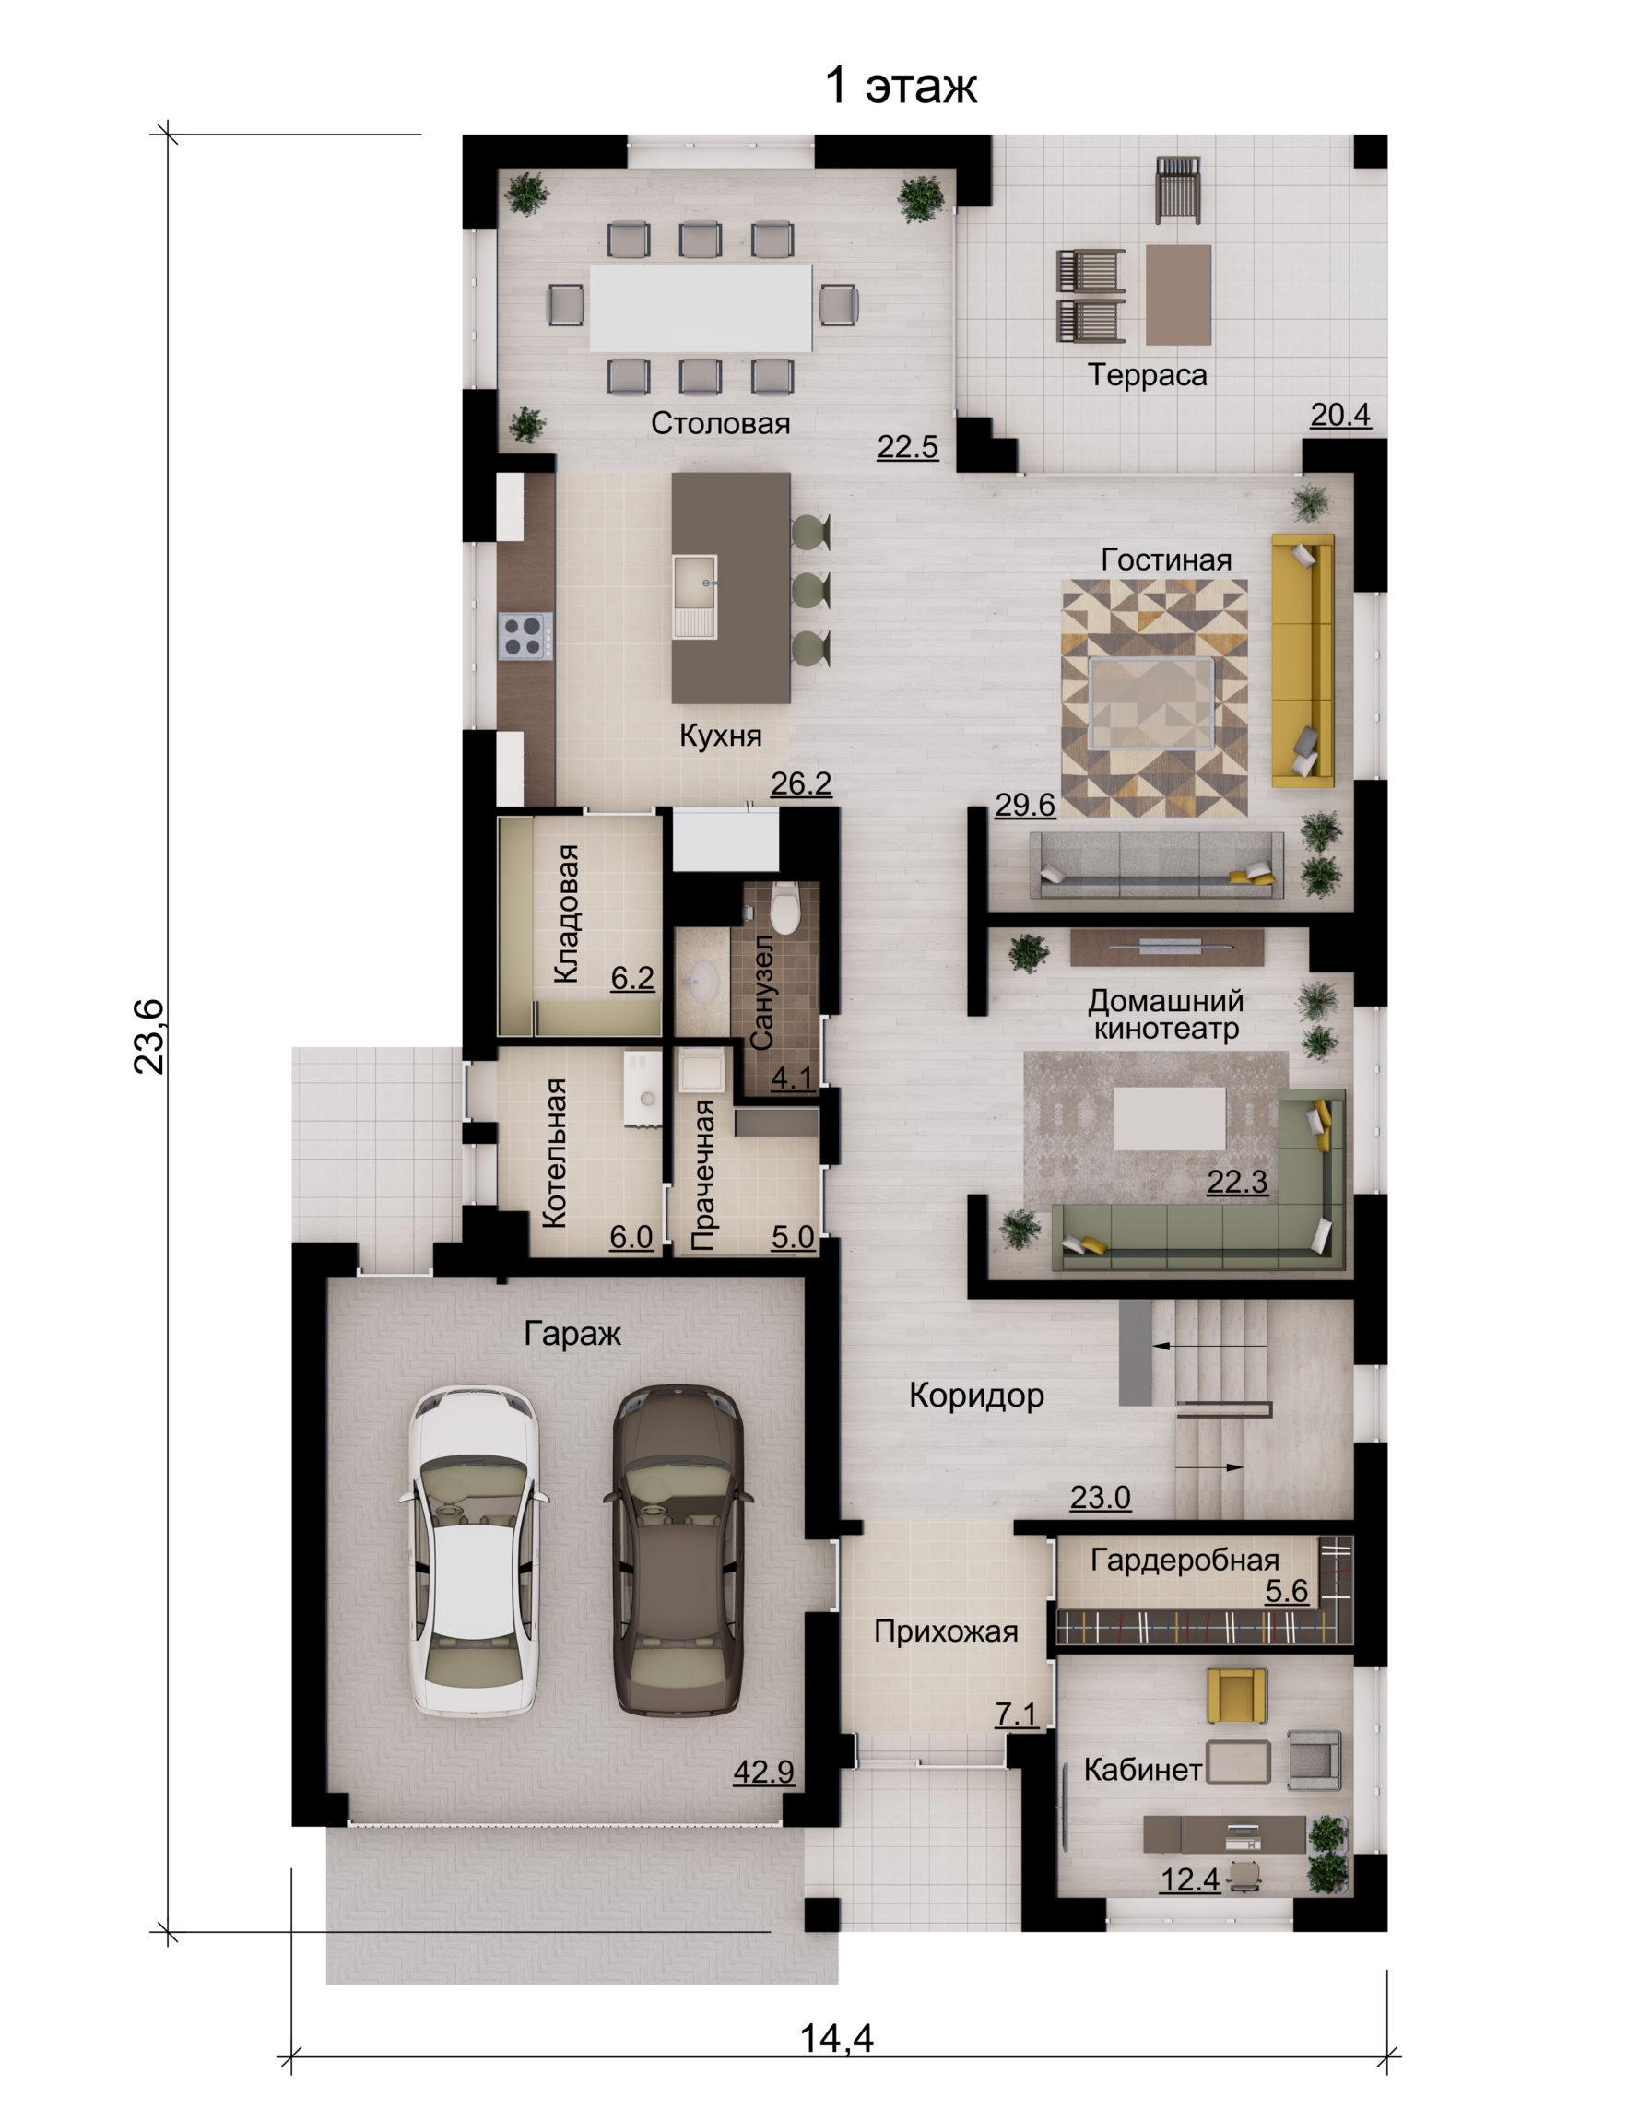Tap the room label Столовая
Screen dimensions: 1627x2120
click(x=721, y=423)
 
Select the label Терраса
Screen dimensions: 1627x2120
click(x=1148, y=375)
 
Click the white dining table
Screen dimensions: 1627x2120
click(x=702, y=306)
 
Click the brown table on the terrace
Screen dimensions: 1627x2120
click(x=1179, y=294)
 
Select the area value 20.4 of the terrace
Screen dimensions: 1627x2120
click(x=1340, y=416)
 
